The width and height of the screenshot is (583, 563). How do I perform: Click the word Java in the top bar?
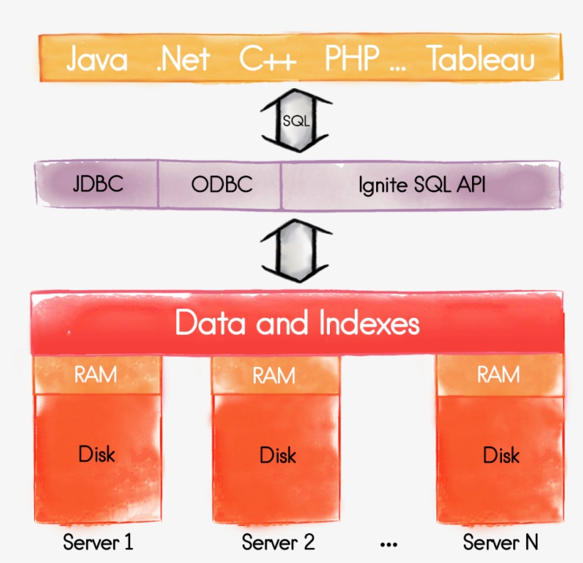click(97, 60)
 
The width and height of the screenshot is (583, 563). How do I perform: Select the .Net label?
click(183, 60)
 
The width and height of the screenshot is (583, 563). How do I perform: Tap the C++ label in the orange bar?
click(267, 60)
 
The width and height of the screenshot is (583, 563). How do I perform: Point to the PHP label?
click(351, 60)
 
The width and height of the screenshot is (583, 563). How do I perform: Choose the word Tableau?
click(481, 60)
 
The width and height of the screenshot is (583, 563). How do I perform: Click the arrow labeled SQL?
click(296, 120)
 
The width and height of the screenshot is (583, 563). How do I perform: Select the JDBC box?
click(97, 184)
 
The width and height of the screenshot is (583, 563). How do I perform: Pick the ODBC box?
click(221, 185)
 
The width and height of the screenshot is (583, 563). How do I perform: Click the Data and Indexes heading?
click(297, 323)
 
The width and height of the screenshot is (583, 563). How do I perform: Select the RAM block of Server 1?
click(96, 374)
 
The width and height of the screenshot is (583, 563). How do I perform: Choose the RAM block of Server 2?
click(274, 375)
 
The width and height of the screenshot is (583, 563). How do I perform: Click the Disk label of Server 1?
click(96, 454)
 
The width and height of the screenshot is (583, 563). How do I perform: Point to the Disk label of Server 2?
click(277, 454)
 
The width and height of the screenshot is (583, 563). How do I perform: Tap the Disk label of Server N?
click(501, 454)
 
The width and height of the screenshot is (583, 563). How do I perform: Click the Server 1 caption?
click(97, 542)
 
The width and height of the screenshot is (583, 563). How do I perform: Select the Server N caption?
click(501, 542)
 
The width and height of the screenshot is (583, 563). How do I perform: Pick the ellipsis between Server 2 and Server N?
click(388, 545)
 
